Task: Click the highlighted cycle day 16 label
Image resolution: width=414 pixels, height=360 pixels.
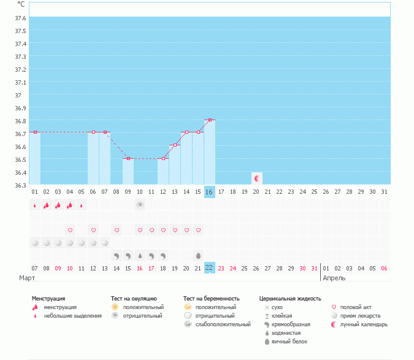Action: pyautogui.click(x=209, y=192)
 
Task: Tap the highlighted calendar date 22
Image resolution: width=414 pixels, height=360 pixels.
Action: pyautogui.click(x=209, y=267)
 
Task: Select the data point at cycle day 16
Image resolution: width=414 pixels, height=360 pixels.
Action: pyautogui.click(x=210, y=120)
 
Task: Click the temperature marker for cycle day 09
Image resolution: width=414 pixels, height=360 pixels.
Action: pyautogui.click(x=128, y=158)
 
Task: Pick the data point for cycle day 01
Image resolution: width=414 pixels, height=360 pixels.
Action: pyautogui.click(x=35, y=132)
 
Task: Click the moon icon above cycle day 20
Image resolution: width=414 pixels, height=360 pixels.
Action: pyautogui.click(x=257, y=178)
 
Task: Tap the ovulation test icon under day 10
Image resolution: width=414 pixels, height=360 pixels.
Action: pyautogui.click(x=140, y=205)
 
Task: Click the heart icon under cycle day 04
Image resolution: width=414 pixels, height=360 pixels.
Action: pyautogui.click(x=70, y=230)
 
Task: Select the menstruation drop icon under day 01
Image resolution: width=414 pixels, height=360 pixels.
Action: pyautogui.click(x=35, y=205)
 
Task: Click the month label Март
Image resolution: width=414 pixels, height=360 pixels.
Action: pyautogui.click(x=27, y=278)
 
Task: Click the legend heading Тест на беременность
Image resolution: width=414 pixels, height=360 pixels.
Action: pyautogui.click(x=211, y=299)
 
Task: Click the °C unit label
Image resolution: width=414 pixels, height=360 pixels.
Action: pyautogui.click(x=21, y=4)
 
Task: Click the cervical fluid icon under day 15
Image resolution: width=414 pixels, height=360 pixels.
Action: pyautogui.click(x=198, y=255)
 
